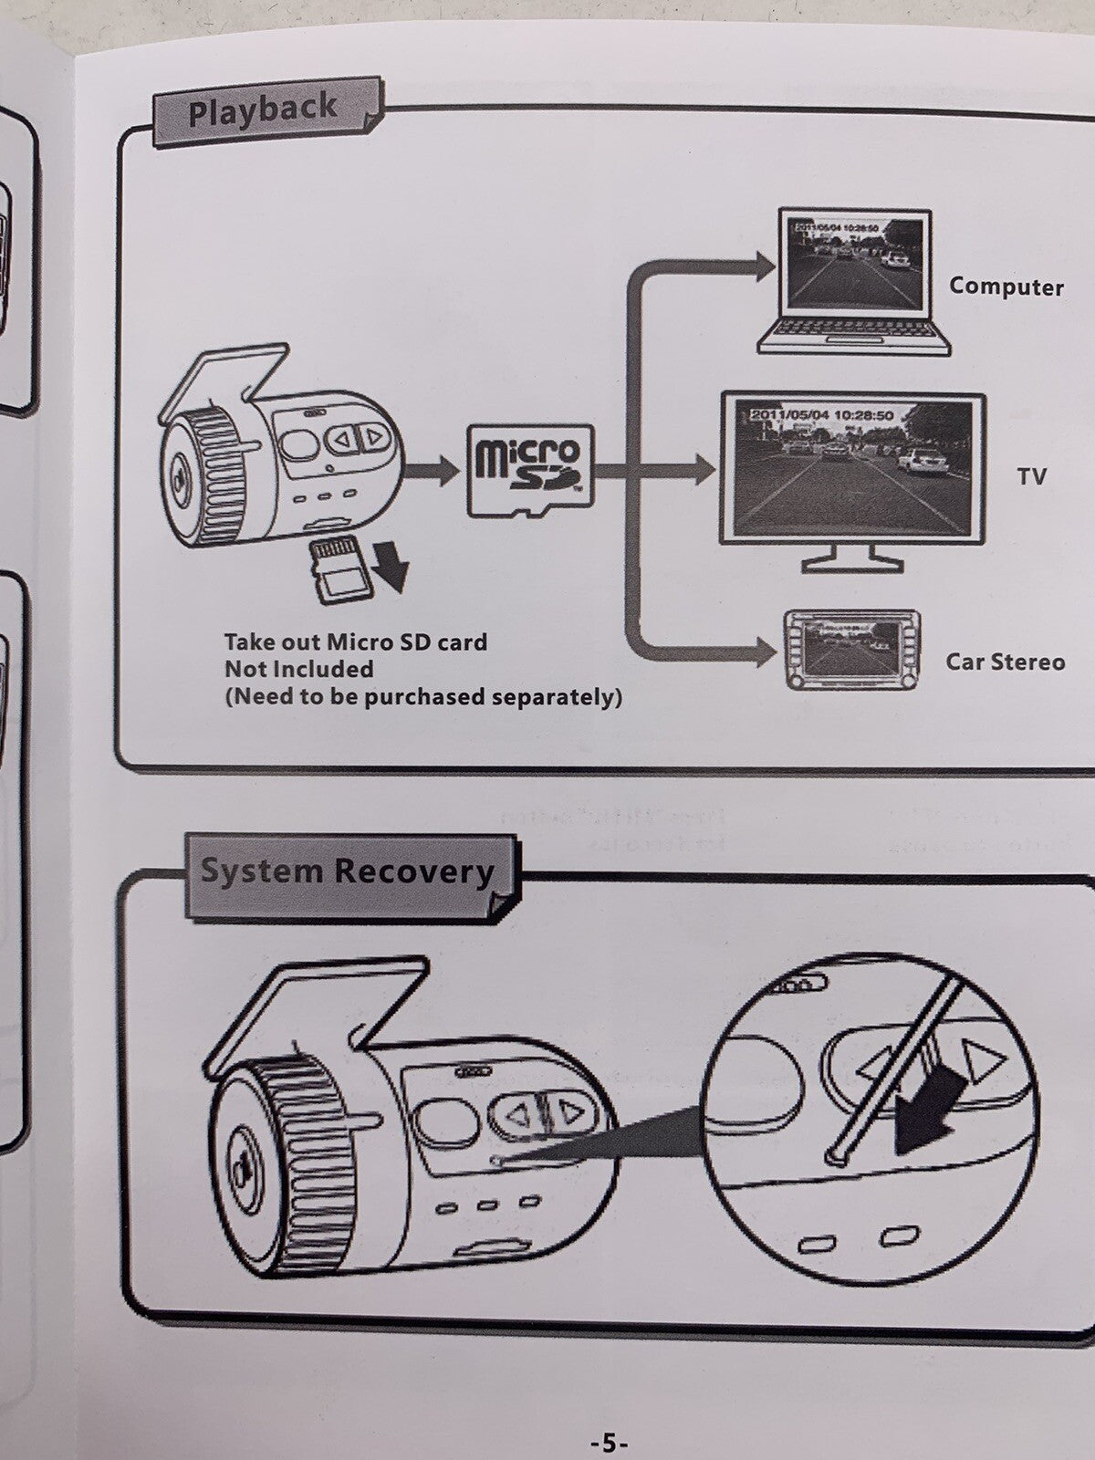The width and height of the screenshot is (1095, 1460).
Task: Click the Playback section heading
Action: (x=263, y=112)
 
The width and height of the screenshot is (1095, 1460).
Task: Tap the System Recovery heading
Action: (x=347, y=871)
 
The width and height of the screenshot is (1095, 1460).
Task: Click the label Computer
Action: (x=1006, y=287)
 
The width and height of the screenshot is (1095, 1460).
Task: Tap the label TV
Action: (x=1032, y=476)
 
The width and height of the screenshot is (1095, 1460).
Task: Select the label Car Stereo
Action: (x=1005, y=662)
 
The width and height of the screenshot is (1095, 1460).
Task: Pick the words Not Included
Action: (x=299, y=669)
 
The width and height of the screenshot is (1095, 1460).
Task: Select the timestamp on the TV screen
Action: (x=821, y=415)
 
